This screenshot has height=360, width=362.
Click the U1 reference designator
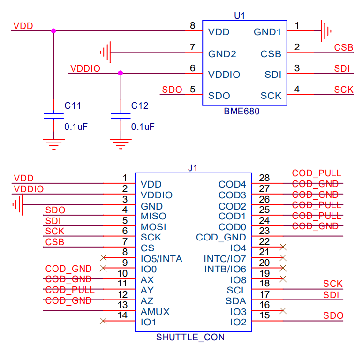[x=239, y=15]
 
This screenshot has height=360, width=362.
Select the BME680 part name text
[x=241, y=112]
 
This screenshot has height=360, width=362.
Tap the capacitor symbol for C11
[x=53, y=116]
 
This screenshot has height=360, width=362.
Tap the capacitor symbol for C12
[x=121, y=116]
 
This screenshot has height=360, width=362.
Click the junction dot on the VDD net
[x=53, y=31]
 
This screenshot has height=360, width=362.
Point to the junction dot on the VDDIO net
[x=121, y=73]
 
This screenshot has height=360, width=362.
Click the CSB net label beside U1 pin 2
[x=343, y=47]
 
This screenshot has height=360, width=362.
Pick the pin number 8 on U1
[x=193, y=26]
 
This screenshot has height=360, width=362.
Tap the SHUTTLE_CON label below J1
[x=190, y=337]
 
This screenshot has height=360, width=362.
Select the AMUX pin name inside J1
[x=155, y=312]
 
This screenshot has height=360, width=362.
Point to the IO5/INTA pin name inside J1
[x=161, y=259]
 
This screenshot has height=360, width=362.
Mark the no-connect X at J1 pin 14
[x=104, y=322]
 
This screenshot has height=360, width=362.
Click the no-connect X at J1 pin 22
[x=282, y=247]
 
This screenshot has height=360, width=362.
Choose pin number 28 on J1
[x=264, y=178]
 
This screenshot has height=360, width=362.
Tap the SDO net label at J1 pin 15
[x=333, y=315]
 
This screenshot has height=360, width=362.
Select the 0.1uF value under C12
[x=143, y=127]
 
